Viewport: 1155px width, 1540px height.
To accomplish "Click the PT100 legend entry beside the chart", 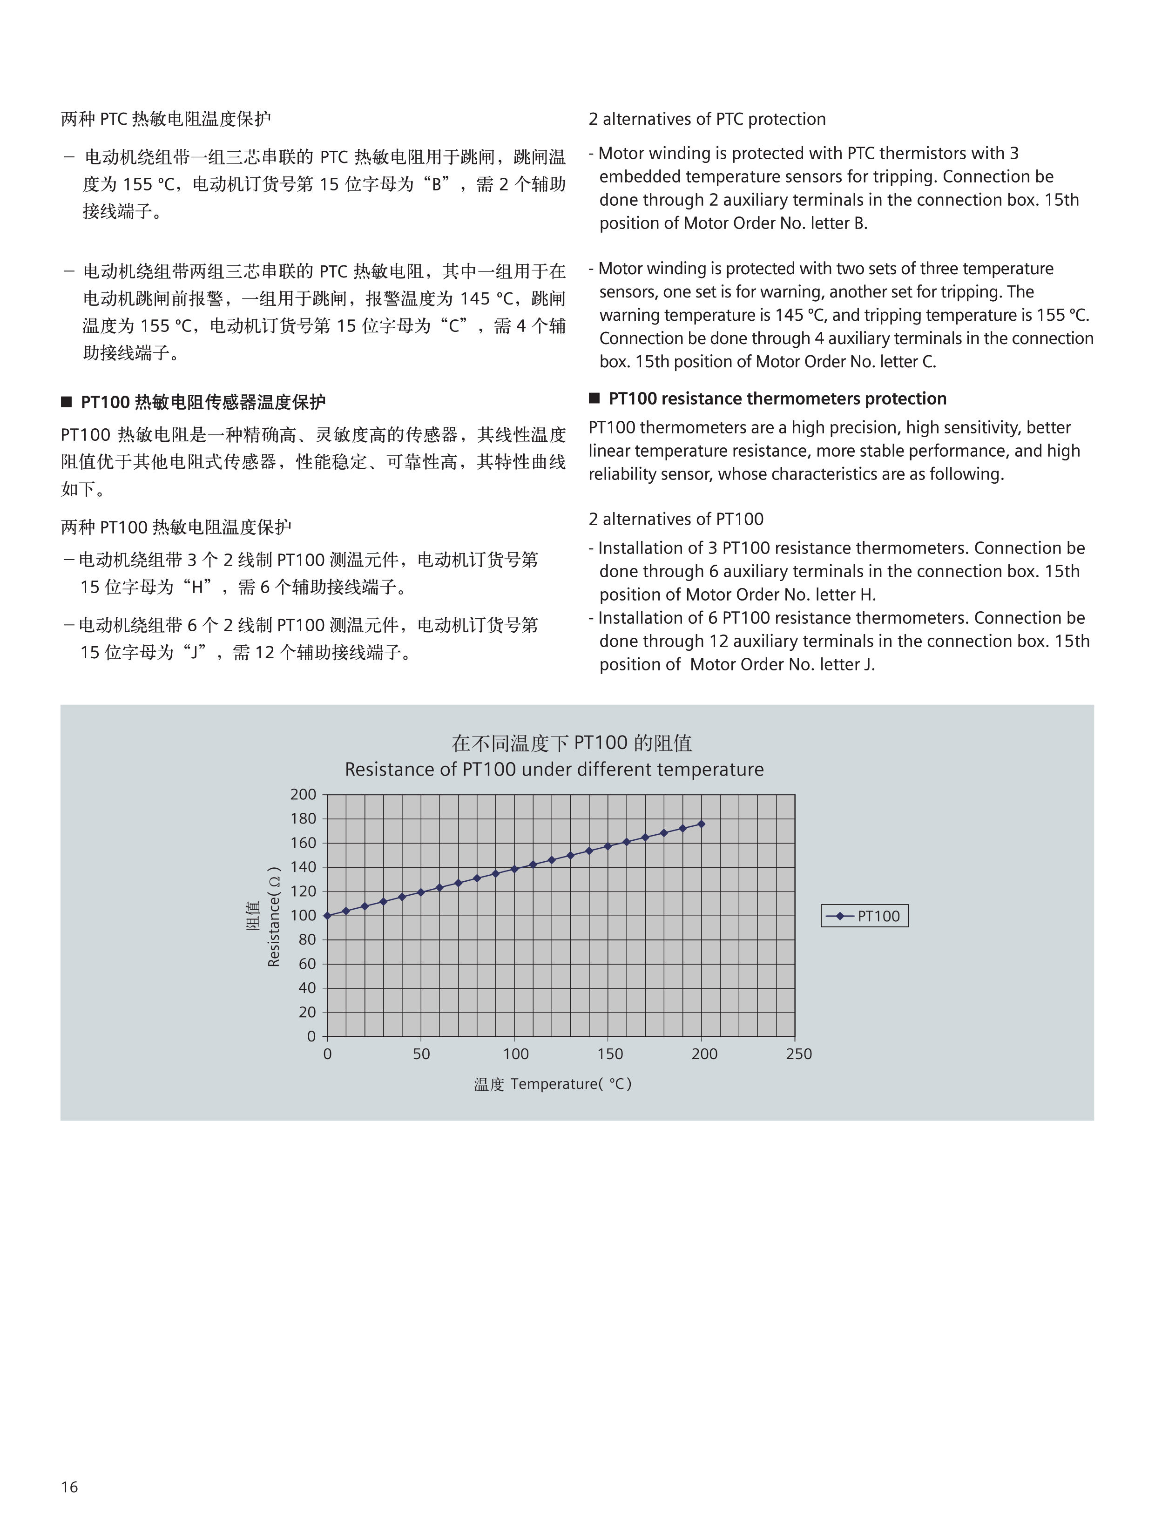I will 864,916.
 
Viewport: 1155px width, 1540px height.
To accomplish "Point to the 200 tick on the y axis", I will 303,794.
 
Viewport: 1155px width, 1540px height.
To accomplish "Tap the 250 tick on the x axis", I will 798,1054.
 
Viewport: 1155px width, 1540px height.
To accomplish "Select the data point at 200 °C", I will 701,824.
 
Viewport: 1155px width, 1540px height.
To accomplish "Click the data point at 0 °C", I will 327,916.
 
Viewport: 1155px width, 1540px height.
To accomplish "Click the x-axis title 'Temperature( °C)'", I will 570,1084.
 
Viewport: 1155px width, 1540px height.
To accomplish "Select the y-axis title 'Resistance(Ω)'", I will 274,916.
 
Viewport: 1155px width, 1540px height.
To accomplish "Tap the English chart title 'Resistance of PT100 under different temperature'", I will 554,770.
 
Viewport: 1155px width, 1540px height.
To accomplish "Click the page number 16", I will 70,1486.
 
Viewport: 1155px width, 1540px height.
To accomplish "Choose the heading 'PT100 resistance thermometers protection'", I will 777,398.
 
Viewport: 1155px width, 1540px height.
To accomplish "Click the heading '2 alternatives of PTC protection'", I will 707,119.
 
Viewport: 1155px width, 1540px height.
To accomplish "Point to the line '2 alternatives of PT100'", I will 675,519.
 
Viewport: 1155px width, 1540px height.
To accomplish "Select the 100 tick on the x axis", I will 516,1054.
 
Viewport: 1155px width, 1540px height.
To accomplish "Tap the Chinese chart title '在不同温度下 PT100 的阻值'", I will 572,743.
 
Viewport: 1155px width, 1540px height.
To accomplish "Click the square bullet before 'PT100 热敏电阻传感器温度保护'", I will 67,402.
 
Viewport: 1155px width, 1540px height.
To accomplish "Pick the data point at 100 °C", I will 514,869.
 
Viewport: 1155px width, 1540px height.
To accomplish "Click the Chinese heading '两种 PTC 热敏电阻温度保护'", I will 166,119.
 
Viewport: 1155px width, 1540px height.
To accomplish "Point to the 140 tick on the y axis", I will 303,867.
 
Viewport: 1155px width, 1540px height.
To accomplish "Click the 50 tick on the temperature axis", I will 421,1054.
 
